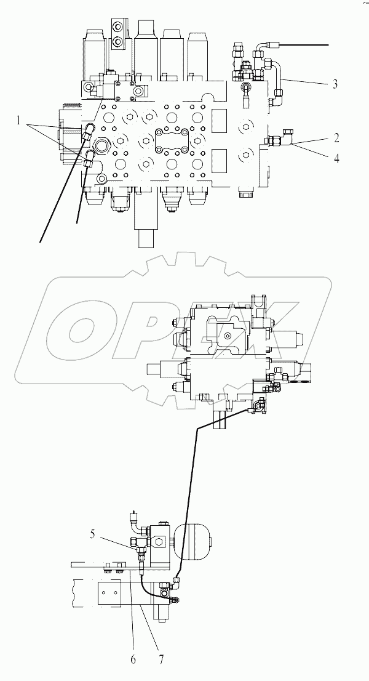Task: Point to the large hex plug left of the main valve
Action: pos(102,147)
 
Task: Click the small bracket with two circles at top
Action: pos(117,33)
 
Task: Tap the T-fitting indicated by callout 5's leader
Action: pos(141,542)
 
